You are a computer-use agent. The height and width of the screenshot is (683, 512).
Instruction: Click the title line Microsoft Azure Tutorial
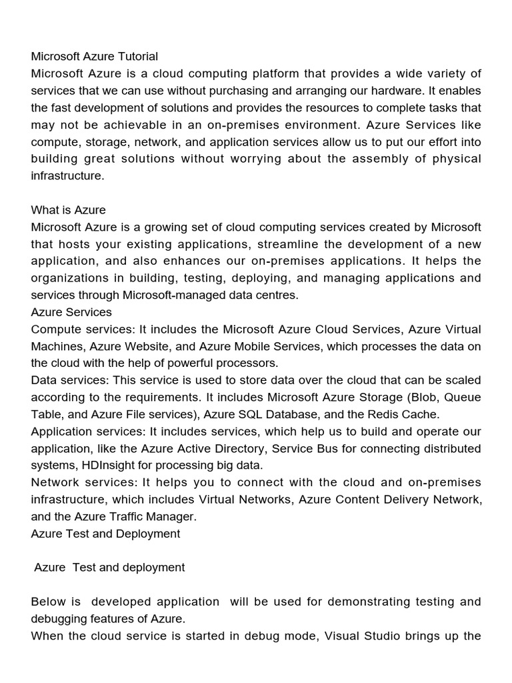point(95,56)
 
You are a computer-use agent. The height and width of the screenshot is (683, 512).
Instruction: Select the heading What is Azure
point(68,210)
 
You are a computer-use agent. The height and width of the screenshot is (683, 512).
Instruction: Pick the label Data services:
point(70,380)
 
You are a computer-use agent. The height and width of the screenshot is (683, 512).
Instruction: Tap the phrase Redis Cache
point(404,414)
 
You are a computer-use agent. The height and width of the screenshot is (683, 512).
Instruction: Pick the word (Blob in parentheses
point(421,397)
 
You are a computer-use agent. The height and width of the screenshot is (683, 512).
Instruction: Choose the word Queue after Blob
point(463,397)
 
